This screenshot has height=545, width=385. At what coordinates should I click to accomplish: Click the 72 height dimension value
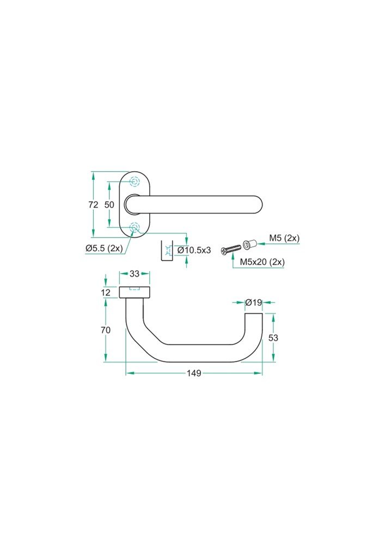tap(93, 205)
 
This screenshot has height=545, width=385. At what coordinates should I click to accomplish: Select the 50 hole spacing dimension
tap(109, 205)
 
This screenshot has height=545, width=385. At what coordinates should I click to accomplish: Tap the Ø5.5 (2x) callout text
tap(104, 248)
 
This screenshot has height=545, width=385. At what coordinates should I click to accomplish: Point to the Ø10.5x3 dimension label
tap(194, 250)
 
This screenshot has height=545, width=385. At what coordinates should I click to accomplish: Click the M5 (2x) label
tap(284, 238)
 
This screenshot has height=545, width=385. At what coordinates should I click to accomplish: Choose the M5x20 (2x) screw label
tap(262, 262)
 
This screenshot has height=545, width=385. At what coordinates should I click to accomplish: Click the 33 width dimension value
tap(135, 274)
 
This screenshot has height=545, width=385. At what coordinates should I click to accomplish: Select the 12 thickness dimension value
tap(106, 293)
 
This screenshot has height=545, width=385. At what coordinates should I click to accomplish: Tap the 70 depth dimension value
tap(106, 330)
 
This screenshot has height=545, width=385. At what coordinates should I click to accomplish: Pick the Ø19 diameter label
tap(254, 302)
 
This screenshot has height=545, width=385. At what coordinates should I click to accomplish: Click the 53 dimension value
tap(273, 338)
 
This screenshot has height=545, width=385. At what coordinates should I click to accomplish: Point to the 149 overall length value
tap(194, 373)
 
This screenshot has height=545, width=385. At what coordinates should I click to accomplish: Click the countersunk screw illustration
tap(230, 249)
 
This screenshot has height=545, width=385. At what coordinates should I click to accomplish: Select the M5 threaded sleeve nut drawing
tap(249, 244)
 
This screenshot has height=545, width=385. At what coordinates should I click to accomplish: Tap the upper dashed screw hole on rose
tap(135, 181)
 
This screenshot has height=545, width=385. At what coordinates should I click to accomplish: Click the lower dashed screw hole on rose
tap(135, 228)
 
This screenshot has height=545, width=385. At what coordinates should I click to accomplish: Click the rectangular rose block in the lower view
tap(135, 293)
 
